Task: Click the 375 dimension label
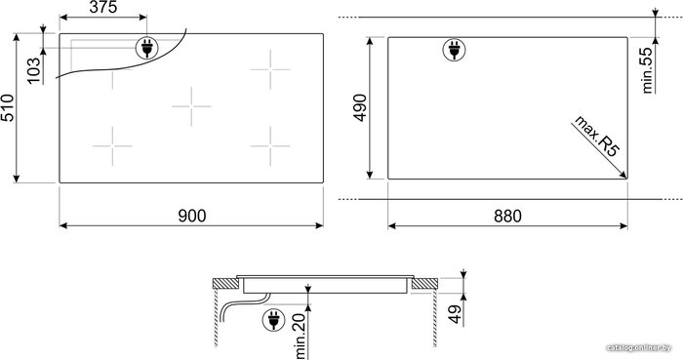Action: click(x=103, y=7)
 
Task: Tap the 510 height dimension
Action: click(x=8, y=108)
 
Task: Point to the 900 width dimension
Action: click(x=192, y=216)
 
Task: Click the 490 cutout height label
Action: click(x=360, y=108)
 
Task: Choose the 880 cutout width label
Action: click(x=507, y=216)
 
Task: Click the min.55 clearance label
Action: click(x=647, y=70)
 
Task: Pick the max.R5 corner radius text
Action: click(x=596, y=136)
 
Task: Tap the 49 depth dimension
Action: click(x=455, y=314)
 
